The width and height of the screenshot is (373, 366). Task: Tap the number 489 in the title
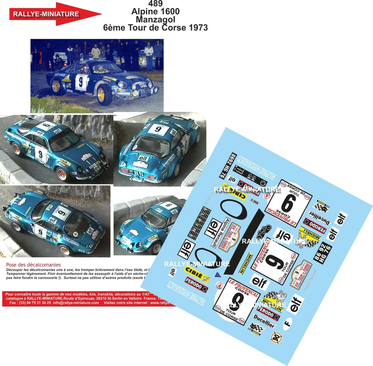click(155, 4)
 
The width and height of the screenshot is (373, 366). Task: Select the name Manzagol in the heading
click(155, 19)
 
